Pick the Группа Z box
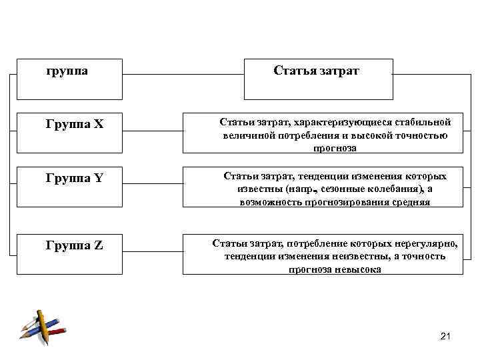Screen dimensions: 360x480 point(69,245)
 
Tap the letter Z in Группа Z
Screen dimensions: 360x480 point(99,245)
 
